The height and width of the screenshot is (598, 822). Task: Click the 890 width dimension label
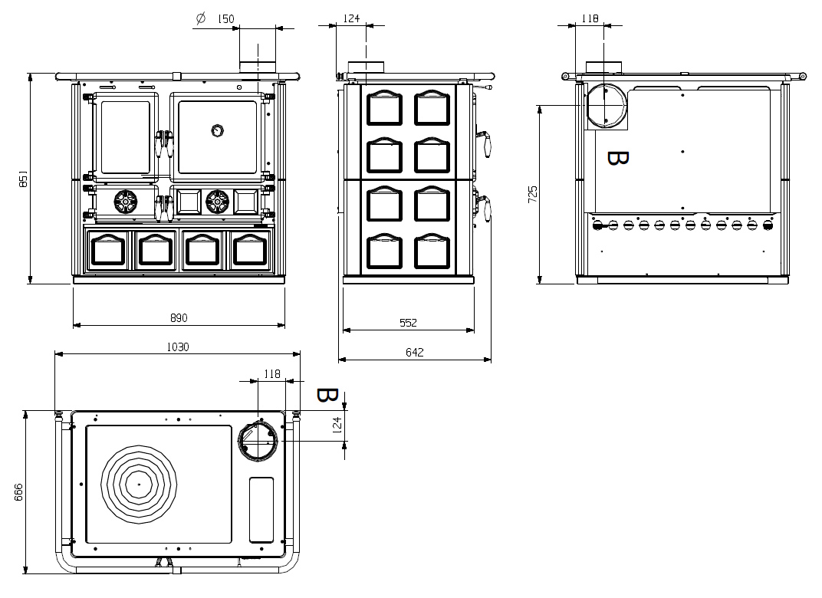tap(178, 317)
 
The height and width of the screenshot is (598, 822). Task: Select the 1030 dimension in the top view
tap(178, 347)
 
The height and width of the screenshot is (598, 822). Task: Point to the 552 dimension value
tap(408, 323)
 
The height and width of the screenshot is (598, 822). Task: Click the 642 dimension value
tap(414, 352)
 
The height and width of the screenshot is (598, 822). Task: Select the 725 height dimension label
tap(533, 195)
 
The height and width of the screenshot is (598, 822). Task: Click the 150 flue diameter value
tap(225, 19)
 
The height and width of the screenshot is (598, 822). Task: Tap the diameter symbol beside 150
tap(201, 19)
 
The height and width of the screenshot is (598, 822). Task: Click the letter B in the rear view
tap(617, 158)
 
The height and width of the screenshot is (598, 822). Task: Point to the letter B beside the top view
tap(327, 396)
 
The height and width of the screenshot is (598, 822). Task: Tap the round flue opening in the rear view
tap(607, 106)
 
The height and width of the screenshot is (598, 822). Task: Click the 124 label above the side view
tap(352, 19)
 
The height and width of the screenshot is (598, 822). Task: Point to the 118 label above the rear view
tap(590, 19)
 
